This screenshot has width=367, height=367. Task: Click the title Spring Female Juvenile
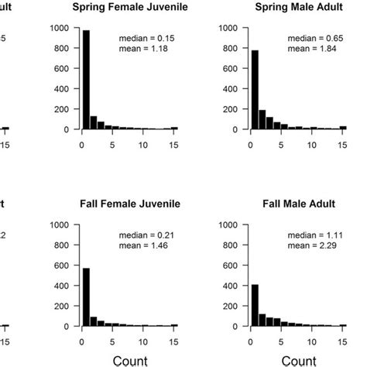(x=129, y=8)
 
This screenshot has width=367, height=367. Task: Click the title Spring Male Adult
(x=298, y=8)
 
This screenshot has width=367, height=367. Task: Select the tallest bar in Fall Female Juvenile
(x=86, y=297)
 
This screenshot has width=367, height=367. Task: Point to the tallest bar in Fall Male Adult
(x=254, y=305)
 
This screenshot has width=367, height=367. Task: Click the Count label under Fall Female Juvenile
(x=129, y=359)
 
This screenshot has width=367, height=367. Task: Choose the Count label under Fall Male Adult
(x=298, y=359)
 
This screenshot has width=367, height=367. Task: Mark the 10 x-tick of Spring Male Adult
(x=311, y=144)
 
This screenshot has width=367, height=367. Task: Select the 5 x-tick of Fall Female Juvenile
(x=112, y=341)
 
